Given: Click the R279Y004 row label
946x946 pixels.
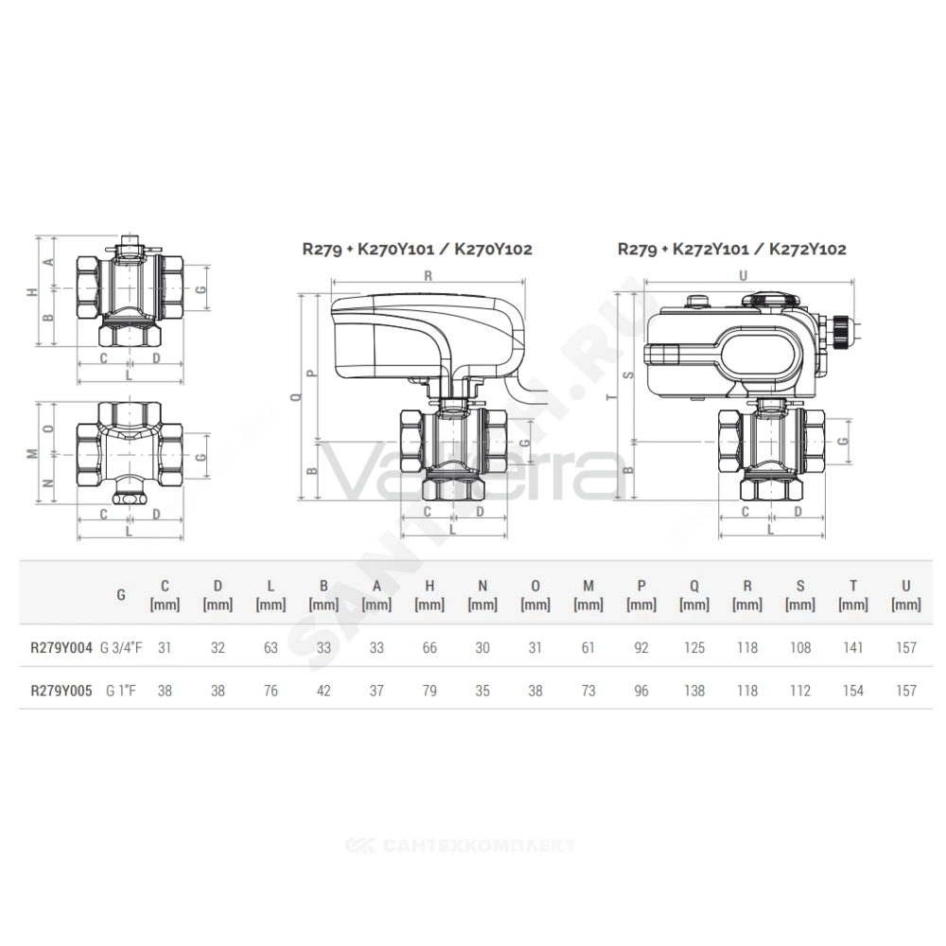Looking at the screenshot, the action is [x=61, y=648].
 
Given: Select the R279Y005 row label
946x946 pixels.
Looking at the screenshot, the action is [x=61, y=691].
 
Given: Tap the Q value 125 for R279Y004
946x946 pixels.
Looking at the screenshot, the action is [x=694, y=648].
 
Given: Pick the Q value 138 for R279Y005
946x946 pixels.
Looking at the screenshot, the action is [x=694, y=691].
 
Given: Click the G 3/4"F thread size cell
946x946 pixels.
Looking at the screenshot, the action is [x=121, y=648].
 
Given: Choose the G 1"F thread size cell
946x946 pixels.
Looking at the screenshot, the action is [x=121, y=691].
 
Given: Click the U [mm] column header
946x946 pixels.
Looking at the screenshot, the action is [x=906, y=595].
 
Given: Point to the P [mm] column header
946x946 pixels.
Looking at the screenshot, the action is [x=641, y=595].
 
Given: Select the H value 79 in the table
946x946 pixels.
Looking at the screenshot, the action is [x=429, y=691].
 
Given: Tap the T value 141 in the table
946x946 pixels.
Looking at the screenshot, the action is [x=853, y=648].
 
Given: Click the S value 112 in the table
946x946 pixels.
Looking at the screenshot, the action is [x=800, y=691].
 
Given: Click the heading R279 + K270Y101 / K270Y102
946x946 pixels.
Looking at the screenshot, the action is [x=417, y=249].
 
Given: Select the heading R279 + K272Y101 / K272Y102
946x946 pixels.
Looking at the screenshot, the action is [x=732, y=249].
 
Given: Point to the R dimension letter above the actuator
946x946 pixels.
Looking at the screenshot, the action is [x=429, y=276].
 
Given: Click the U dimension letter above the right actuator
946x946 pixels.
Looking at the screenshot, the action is [x=744, y=275].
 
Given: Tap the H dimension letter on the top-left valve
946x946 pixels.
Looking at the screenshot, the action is [x=32, y=292].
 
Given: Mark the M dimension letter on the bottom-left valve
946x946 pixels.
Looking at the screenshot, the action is [x=32, y=454].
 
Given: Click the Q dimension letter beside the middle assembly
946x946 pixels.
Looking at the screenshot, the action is [x=295, y=396].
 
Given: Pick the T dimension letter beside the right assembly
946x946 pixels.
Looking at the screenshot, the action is [x=613, y=396].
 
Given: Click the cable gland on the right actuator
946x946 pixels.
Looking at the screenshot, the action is [x=838, y=330].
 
